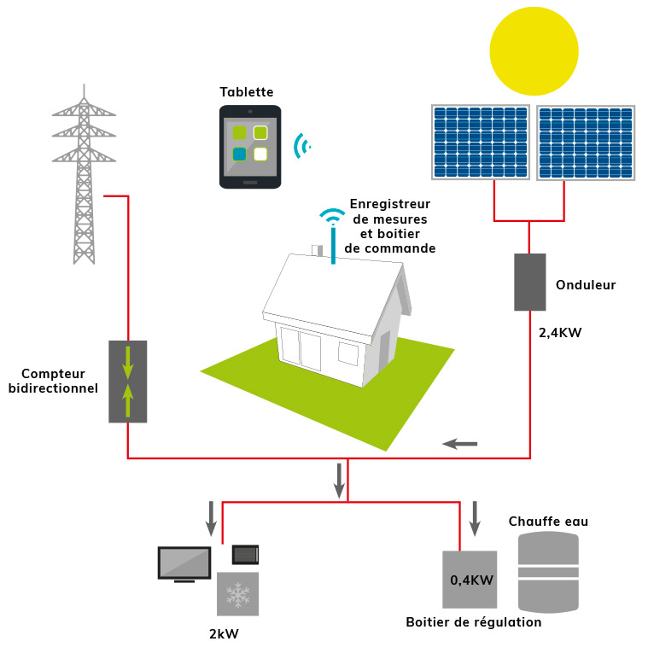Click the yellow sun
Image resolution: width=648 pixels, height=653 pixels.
point(534,51)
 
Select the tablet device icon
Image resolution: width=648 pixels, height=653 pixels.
point(250,147)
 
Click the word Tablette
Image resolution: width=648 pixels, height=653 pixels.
point(247,92)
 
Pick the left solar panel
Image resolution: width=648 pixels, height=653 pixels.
point(481,143)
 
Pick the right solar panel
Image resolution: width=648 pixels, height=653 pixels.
point(586,143)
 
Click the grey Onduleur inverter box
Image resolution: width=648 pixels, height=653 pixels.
point(529,282)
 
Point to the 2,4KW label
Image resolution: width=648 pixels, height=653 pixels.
point(559,333)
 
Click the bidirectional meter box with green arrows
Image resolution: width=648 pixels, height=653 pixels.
point(128,382)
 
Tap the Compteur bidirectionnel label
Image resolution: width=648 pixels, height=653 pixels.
point(53,381)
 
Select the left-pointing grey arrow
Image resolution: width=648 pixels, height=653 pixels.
point(460,443)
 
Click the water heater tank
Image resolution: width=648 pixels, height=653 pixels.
point(548,572)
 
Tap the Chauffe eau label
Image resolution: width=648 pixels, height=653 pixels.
point(548,522)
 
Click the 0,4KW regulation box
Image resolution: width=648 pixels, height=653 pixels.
point(470,580)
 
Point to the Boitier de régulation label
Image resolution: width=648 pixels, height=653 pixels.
point(473,622)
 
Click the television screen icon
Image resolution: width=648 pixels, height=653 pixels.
point(184,563)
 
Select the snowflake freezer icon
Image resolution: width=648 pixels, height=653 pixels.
point(237,593)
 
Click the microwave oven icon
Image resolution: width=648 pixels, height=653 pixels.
point(245,555)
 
